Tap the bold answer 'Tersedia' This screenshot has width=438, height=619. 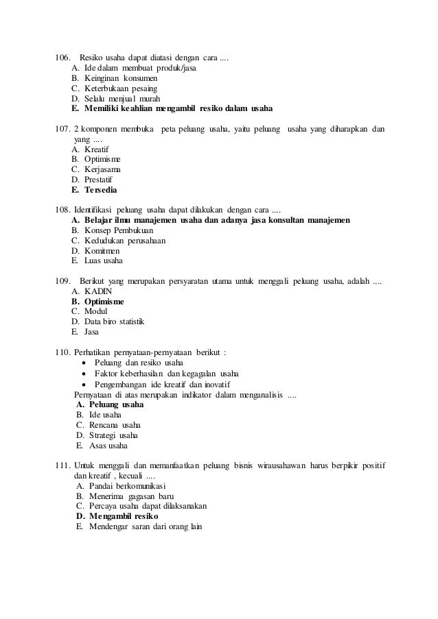click(x=100, y=189)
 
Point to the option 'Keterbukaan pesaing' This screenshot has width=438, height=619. click(x=120, y=88)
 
